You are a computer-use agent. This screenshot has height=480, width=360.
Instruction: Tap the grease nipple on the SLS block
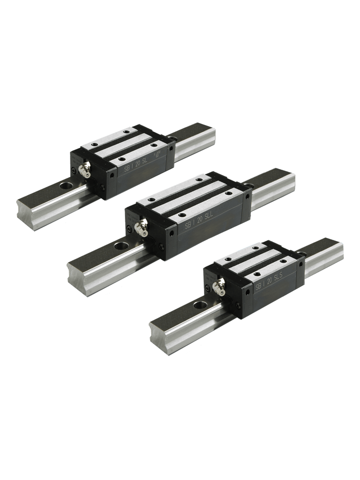pos(220,286)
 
